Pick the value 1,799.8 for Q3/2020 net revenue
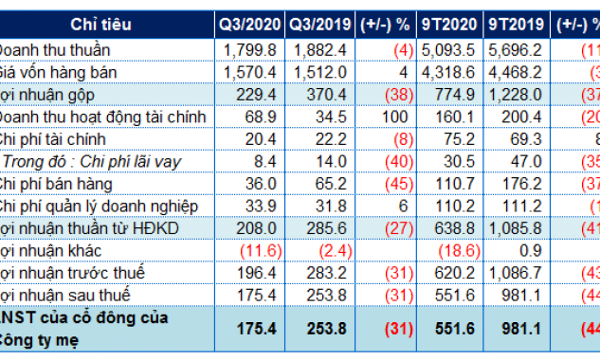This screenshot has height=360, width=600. tap(249, 49)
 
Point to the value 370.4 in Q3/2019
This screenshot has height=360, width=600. tap(322, 94)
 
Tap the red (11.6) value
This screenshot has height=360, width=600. tap(250, 249)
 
